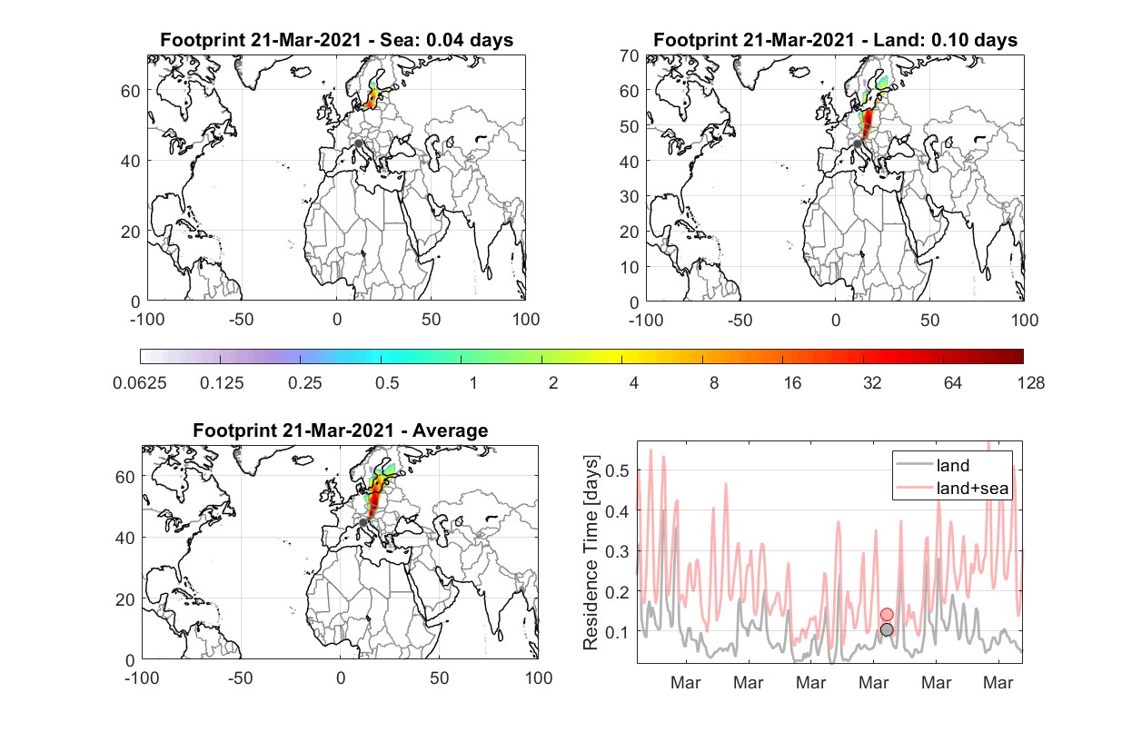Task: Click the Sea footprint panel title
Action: point(336,40)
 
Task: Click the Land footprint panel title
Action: point(835,40)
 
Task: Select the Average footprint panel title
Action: point(341,430)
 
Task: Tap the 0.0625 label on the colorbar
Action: point(140,383)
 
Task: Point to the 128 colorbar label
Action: point(1031,383)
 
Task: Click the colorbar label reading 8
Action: point(714,383)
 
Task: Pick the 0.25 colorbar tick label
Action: point(304,383)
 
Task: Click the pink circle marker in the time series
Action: point(887,614)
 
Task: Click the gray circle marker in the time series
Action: point(887,629)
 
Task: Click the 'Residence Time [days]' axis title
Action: point(591,553)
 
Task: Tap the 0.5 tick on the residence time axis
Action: point(617,470)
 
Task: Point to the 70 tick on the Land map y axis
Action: point(630,55)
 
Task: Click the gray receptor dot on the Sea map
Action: point(358,143)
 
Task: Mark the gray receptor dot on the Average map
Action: point(362,522)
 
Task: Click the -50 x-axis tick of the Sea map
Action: point(241,320)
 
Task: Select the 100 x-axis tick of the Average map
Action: point(538,678)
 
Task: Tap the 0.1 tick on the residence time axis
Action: point(617,632)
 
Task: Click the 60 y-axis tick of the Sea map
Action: point(130,91)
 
